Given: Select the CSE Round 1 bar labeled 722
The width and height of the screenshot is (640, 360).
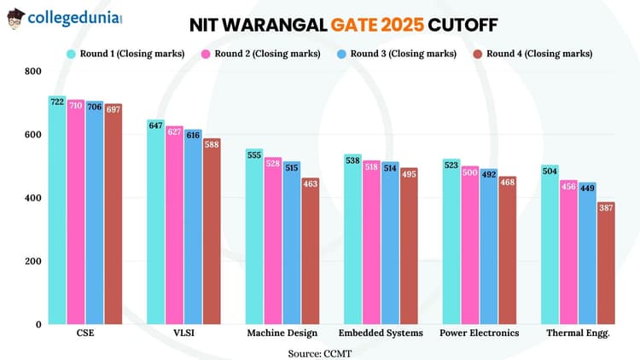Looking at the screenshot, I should (57, 213).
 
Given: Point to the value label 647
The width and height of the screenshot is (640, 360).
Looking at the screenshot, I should (155, 125).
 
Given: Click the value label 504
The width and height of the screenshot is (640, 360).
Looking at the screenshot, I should (550, 171).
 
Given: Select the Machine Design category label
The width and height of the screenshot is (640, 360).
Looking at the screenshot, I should (282, 334).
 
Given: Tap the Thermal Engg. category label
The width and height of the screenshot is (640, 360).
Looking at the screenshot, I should (578, 334).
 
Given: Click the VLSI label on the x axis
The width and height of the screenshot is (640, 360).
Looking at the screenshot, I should (183, 334).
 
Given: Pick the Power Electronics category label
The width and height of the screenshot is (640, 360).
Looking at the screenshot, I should (479, 334).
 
